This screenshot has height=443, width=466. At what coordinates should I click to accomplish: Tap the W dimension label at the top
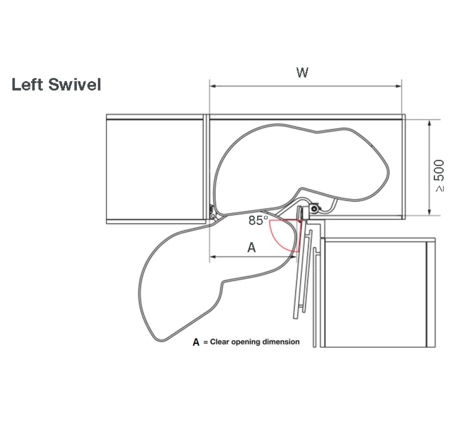[302, 72]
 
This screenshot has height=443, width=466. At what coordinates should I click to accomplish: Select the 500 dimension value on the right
[439, 170]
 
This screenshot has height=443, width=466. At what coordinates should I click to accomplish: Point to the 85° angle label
[258, 220]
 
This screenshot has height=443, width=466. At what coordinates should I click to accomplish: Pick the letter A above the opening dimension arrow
[251, 247]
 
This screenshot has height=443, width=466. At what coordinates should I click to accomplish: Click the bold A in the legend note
[196, 342]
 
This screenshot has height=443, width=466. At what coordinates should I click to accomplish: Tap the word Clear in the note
[220, 342]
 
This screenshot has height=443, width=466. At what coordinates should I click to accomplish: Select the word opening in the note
[246, 342]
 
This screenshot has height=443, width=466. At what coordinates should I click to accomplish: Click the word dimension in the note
[281, 342]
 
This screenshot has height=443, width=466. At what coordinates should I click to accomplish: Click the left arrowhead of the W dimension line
[213, 86]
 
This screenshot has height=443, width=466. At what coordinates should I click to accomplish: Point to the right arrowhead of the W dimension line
[399, 86]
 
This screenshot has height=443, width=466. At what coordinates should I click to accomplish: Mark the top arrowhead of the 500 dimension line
[429, 123]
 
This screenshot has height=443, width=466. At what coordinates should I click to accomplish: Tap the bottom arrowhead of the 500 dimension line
[429, 212]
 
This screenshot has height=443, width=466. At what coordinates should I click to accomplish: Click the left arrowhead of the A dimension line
[213, 257]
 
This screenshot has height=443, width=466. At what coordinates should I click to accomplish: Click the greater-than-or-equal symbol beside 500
[440, 189]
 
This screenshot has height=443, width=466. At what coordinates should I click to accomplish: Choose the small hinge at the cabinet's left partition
[213, 212]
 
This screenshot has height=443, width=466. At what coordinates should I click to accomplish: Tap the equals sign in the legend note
[205, 342]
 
